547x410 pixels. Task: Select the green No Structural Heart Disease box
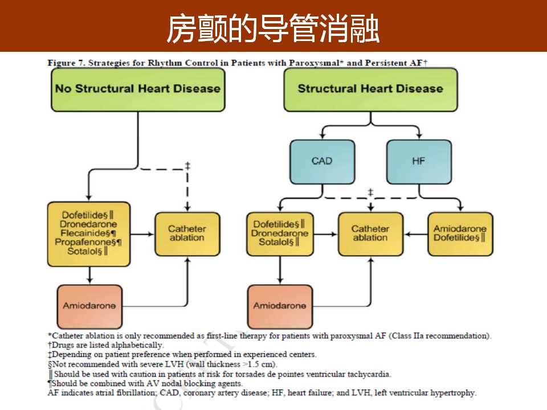click(x=137, y=89)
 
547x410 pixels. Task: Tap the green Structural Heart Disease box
click(x=370, y=89)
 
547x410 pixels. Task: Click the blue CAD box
click(x=322, y=161)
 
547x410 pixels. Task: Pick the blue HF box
click(x=419, y=161)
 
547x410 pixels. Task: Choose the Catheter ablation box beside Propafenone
click(x=187, y=233)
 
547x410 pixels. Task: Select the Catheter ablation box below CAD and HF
click(x=370, y=233)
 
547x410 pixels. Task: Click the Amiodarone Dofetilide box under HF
click(x=460, y=233)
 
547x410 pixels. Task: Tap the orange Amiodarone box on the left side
click(x=89, y=306)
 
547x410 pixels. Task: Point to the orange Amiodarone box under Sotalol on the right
click(x=280, y=306)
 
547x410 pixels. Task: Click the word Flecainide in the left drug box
click(x=85, y=233)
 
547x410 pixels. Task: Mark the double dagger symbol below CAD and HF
click(x=370, y=192)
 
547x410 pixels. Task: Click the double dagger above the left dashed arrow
click(x=187, y=166)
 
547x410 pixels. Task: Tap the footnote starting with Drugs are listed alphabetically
click(x=106, y=345)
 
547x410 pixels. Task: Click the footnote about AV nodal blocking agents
click(x=146, y=384)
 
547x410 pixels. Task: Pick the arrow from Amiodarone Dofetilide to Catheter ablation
click(x=415, y=233)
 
